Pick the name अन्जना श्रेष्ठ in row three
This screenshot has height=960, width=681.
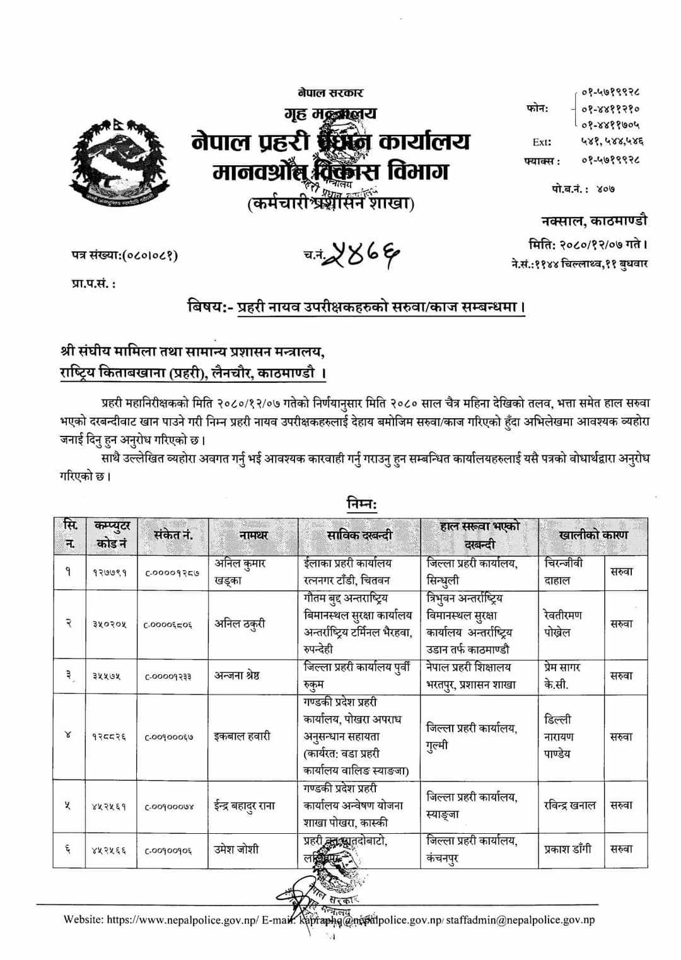[x=237, y=676]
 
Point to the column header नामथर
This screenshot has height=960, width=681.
[x=253, y=535]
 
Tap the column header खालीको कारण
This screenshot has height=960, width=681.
[x=593, y=535]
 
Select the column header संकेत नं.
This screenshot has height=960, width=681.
[x=173, y=535]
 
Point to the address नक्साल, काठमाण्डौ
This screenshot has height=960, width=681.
[x=593, y=221]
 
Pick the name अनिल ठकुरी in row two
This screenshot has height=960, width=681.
[x=240, y=623]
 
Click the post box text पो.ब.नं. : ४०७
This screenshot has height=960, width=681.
[x=582, y=189]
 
